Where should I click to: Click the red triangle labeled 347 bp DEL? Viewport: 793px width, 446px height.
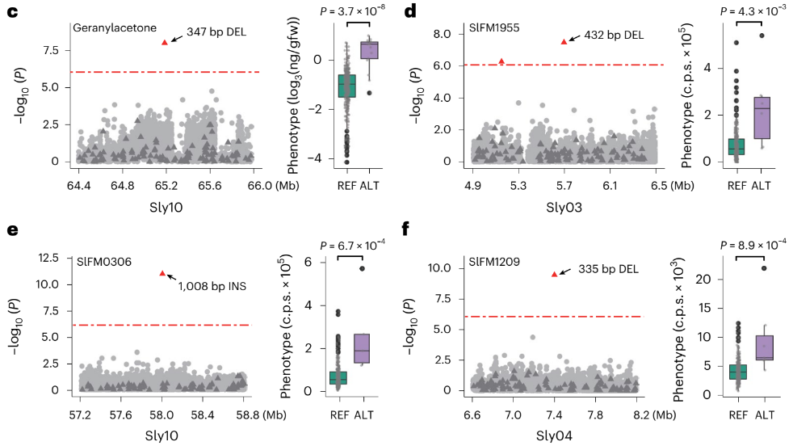click(x=165, y=42)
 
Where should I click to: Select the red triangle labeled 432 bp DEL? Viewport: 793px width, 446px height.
click(x=564, y=41)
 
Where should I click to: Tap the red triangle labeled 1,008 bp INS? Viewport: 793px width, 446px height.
click(x=162, y=274)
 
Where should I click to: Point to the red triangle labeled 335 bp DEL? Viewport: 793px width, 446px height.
click(x=553, y=275)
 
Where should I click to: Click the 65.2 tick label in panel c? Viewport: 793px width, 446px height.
click(x=166, y=184)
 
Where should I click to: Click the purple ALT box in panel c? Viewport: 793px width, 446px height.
click(x=369, y=49)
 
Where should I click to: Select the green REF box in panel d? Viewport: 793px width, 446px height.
click(x=736, y=146)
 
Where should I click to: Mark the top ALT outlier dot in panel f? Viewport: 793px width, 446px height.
click(x=764, y=268)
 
